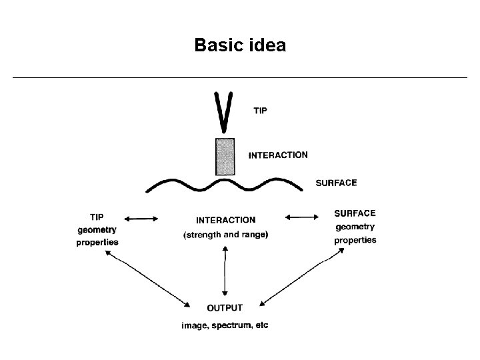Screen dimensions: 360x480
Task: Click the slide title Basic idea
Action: coord(240,45)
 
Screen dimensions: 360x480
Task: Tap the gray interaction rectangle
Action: coord(225,157)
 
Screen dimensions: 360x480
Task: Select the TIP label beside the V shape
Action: coord(260,111)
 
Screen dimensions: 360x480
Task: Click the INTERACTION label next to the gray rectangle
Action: coord(278,155)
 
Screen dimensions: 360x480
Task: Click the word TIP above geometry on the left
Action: coord(97,217)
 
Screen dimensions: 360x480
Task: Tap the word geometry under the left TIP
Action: coord(97,229)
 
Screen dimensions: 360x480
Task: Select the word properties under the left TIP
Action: coord(97,242)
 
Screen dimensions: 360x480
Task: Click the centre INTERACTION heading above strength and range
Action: coord(225,219)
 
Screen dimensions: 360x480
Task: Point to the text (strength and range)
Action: coord(225,234)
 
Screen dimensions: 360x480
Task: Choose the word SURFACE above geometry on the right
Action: coord(355,213)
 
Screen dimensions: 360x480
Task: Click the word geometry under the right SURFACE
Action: coord(355,227)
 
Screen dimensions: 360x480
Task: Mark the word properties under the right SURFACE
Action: coord(355,240)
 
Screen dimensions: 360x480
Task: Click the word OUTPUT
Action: coord(225,308)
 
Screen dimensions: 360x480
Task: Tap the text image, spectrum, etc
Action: coord(225,325)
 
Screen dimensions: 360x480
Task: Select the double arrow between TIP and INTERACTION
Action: coord(141,218)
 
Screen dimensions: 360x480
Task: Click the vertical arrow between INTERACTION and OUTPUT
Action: coord(225,271)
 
